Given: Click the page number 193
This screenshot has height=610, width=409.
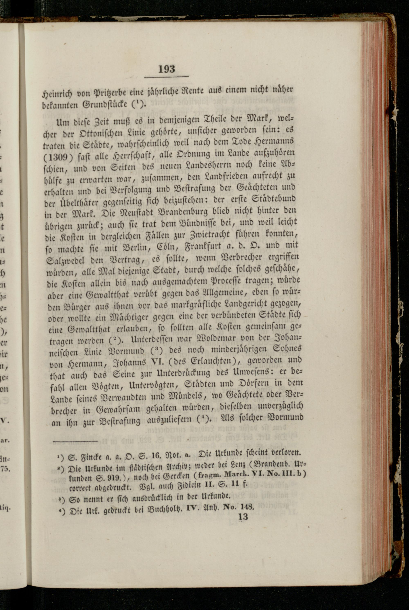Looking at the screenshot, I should [167, 69].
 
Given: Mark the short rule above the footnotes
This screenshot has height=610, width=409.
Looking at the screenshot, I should [75, 441].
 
